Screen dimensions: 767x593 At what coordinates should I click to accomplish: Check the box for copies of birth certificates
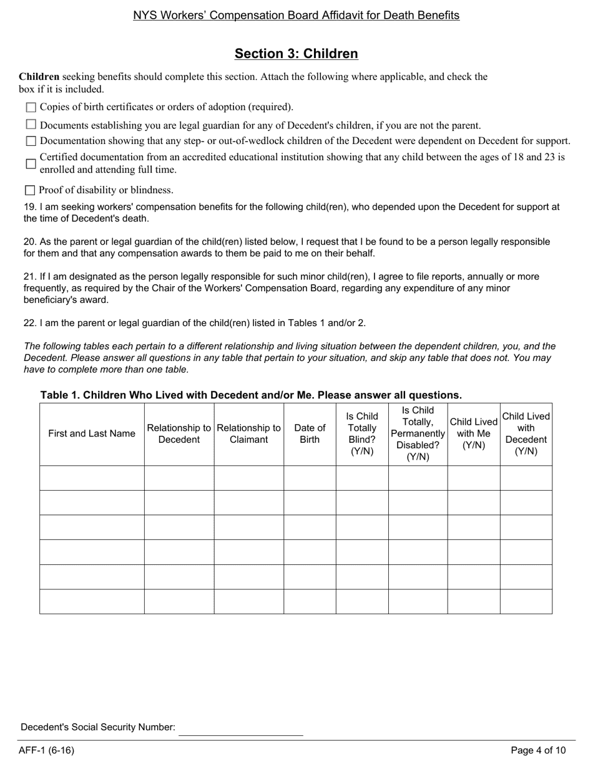[31, 107]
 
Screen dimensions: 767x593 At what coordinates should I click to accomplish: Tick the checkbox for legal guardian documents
[31, 125]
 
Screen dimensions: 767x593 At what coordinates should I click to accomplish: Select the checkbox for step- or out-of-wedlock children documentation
[31, 142]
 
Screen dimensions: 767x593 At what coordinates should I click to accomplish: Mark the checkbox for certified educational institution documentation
[31, 163]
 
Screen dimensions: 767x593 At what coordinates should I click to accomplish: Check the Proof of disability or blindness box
[30, 190]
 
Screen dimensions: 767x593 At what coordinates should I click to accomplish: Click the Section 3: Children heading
[296, 54]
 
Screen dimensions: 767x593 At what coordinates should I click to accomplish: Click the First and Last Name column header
[92, 434]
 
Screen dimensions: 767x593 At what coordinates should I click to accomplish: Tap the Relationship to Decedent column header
[179, 434]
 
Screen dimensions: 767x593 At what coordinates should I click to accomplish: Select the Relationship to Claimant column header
[248, 434]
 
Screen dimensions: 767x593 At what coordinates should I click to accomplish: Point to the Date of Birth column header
[310, 434]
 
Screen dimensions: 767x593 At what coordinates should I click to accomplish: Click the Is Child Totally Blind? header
[362, 434]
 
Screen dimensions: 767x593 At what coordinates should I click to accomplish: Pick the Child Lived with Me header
[474, 434]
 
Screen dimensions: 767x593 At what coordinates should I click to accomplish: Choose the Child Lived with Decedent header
[526, 434]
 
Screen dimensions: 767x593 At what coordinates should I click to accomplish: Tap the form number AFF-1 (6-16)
[46, 750]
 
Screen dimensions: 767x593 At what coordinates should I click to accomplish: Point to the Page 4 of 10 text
[538, 750]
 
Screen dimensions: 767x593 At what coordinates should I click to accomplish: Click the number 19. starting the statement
[30, 207]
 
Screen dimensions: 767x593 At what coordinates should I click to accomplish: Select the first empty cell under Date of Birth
[310, 478]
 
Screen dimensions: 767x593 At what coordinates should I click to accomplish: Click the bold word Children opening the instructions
[39, 77]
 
